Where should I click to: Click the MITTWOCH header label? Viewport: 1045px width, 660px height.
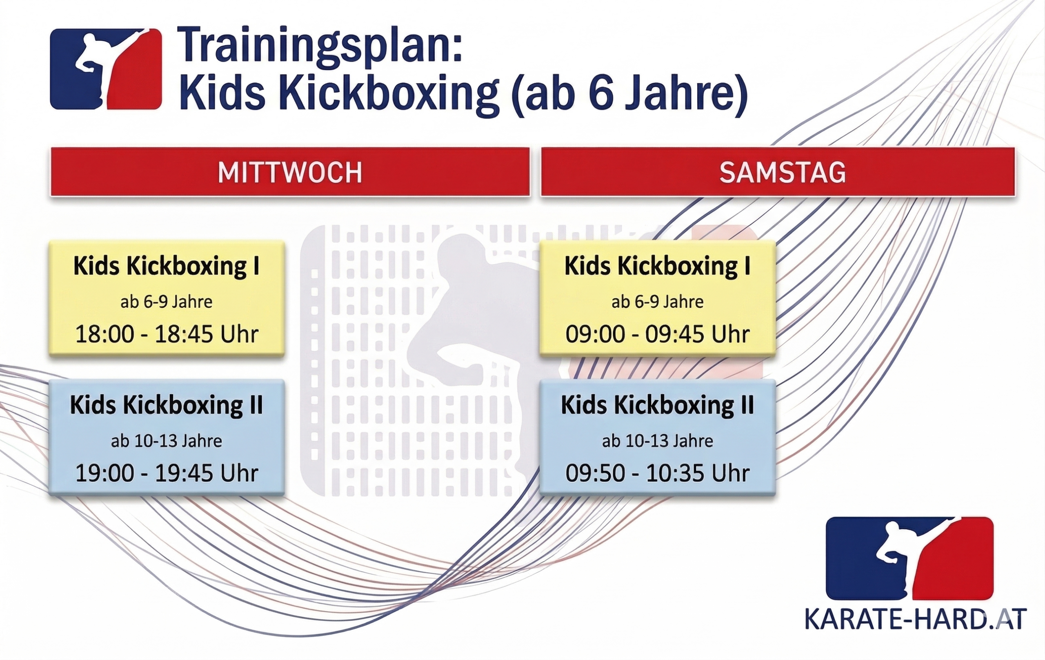click(290, 172)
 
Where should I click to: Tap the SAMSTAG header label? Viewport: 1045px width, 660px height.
click(783, 172)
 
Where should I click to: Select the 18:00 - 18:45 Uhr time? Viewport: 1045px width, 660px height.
click(167, 334)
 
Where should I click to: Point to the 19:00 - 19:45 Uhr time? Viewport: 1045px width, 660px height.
click(167, 473)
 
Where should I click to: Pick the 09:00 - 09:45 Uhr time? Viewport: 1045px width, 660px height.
click(658, 334)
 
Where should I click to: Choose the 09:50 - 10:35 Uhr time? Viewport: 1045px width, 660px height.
click(658, 473)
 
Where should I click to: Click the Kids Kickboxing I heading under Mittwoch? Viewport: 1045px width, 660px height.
click(167, 266)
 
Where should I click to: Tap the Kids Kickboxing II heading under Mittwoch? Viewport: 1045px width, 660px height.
click(167, 405)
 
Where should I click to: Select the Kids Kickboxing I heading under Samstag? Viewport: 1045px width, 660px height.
click(658, 266)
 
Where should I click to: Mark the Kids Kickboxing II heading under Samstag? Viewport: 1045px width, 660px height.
click(658, 405)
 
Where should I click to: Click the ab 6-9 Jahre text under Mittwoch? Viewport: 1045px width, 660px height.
click(167, 302)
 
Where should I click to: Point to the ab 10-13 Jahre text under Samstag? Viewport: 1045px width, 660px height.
click(658, 441)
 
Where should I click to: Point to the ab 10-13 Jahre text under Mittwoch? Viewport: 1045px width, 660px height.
click(167, 441)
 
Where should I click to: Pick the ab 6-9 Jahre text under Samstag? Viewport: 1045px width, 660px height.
click(658, 302)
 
